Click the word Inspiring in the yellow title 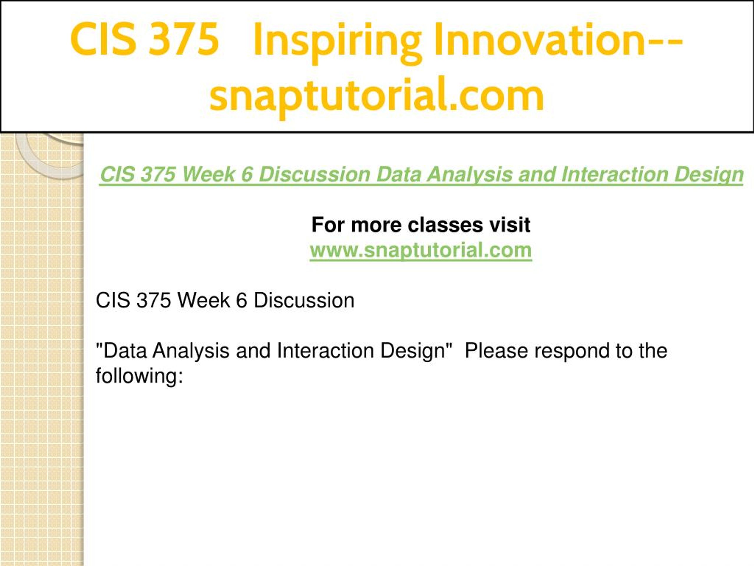[x=338, y=41]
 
